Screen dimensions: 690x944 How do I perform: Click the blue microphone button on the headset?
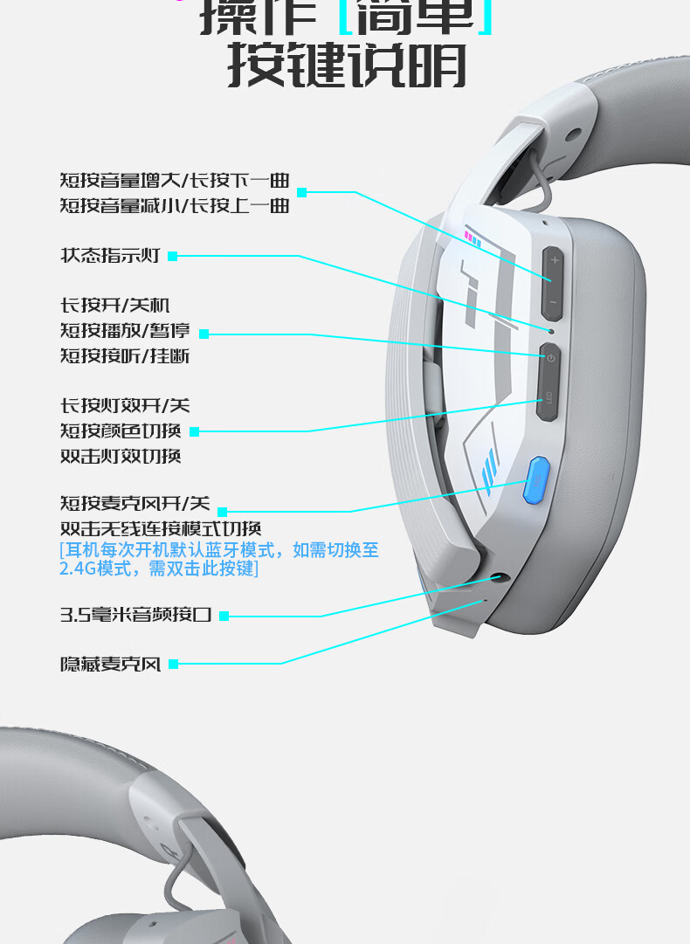(535, 480)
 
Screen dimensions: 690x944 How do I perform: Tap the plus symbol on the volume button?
(554, 261)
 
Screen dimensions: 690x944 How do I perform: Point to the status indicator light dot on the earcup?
(550, 331)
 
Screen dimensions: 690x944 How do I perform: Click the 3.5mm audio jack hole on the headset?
(500, 577)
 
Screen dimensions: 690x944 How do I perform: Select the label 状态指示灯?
(110, 256)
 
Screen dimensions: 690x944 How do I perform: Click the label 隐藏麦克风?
(110, 665)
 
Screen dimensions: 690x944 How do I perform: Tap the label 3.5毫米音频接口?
(135, 615)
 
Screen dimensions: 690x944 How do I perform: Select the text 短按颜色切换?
(121, 431)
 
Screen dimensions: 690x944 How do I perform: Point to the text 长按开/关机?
(114, 306)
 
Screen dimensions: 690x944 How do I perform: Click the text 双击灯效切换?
(121, 456)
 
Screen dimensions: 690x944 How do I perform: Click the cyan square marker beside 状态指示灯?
(172, 256)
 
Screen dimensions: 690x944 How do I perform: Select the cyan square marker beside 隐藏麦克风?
(173, 665)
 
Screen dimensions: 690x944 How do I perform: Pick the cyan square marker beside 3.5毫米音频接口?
(224, 616)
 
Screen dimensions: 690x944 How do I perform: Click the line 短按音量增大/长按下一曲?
(175, 181)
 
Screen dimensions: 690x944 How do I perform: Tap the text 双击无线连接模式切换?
(161, 529)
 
